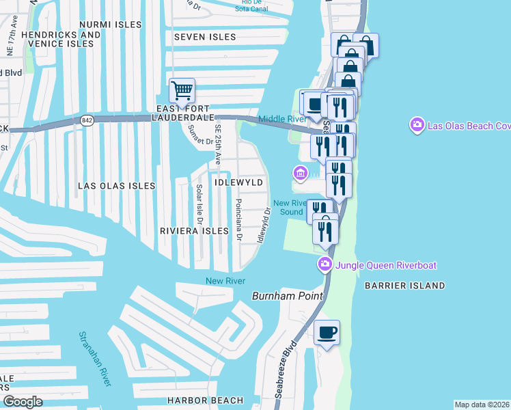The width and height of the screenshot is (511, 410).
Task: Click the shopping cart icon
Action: [182, 90]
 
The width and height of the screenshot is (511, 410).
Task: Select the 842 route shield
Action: [87, 120]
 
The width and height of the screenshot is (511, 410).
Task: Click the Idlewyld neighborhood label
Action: [238, 184]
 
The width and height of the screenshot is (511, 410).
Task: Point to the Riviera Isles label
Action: [193, 231]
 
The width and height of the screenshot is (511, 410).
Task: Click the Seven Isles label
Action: [205, 37]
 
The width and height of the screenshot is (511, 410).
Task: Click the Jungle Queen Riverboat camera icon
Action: [325, 264]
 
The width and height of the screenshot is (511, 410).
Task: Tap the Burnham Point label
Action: [281, 296]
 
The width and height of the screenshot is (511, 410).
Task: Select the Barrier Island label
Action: [404, 286]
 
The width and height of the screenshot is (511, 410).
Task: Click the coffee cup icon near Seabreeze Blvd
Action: [327, 332]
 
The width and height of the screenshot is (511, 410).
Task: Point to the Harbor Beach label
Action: [205, 400]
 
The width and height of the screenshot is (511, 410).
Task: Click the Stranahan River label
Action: [96, 358]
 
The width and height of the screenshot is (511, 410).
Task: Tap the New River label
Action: [225, 282]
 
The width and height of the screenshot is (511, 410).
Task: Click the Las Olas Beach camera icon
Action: [417, 125]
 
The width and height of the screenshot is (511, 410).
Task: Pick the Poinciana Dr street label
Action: [238, 220]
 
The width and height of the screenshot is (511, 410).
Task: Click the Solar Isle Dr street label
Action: [199, 204]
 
